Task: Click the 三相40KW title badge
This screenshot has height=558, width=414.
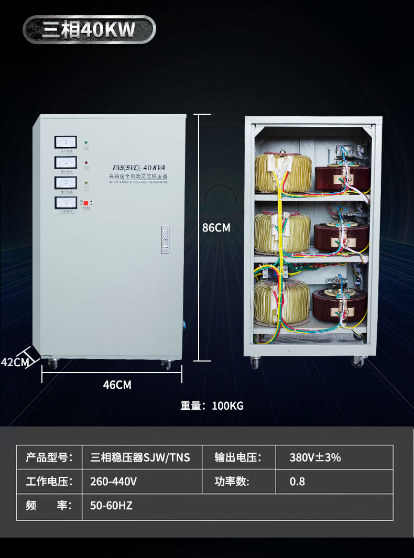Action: click(x=89, y=29)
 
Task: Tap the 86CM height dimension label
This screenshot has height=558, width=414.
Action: click(x=216, y=228)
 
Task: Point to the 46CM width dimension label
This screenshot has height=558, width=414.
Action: click(x=117, y=385)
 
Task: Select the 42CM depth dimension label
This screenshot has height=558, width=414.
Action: click(x=14, y=362)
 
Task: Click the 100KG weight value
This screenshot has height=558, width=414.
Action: click(x=227, y=406)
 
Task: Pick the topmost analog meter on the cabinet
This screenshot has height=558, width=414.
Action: click(x=66, y=143)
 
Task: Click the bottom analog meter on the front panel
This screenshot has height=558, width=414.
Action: click(x=66, y=203)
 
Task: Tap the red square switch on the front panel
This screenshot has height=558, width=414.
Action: click(x=86, y=203)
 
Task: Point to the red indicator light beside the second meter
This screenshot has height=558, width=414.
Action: click(x=86, y=163)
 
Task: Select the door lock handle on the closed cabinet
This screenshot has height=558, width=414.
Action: click(x=165, y=239)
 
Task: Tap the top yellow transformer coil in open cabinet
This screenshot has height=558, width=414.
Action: click(x=283, y=173)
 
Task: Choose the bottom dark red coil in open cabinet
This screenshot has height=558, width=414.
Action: click(x=340, y=305)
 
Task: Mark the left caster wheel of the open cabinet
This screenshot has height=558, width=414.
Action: click(x=255, y=363)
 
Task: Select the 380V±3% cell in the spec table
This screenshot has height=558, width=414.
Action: click(x=315, y=457)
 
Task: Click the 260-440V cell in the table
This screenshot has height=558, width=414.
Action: click(x=113, y=482)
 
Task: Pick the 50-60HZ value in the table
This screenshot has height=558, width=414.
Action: click(x=111, y=506)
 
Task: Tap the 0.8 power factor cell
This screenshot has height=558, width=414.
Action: click(x=297, y=482)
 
